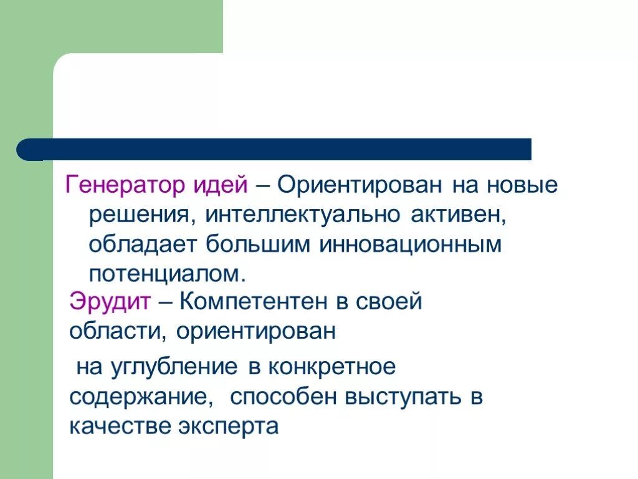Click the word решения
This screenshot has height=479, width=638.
click(x=138, y=215)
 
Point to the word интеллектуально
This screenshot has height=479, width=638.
click(x=305, y=215)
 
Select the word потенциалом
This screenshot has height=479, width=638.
click(x=164, y=275)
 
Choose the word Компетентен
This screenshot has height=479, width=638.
click(x=254, y=302)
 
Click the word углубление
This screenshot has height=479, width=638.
click(x=174, y=367)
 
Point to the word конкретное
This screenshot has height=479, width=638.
click(x=332, y=367)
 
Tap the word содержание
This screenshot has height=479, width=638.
click(x=138, y=397)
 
